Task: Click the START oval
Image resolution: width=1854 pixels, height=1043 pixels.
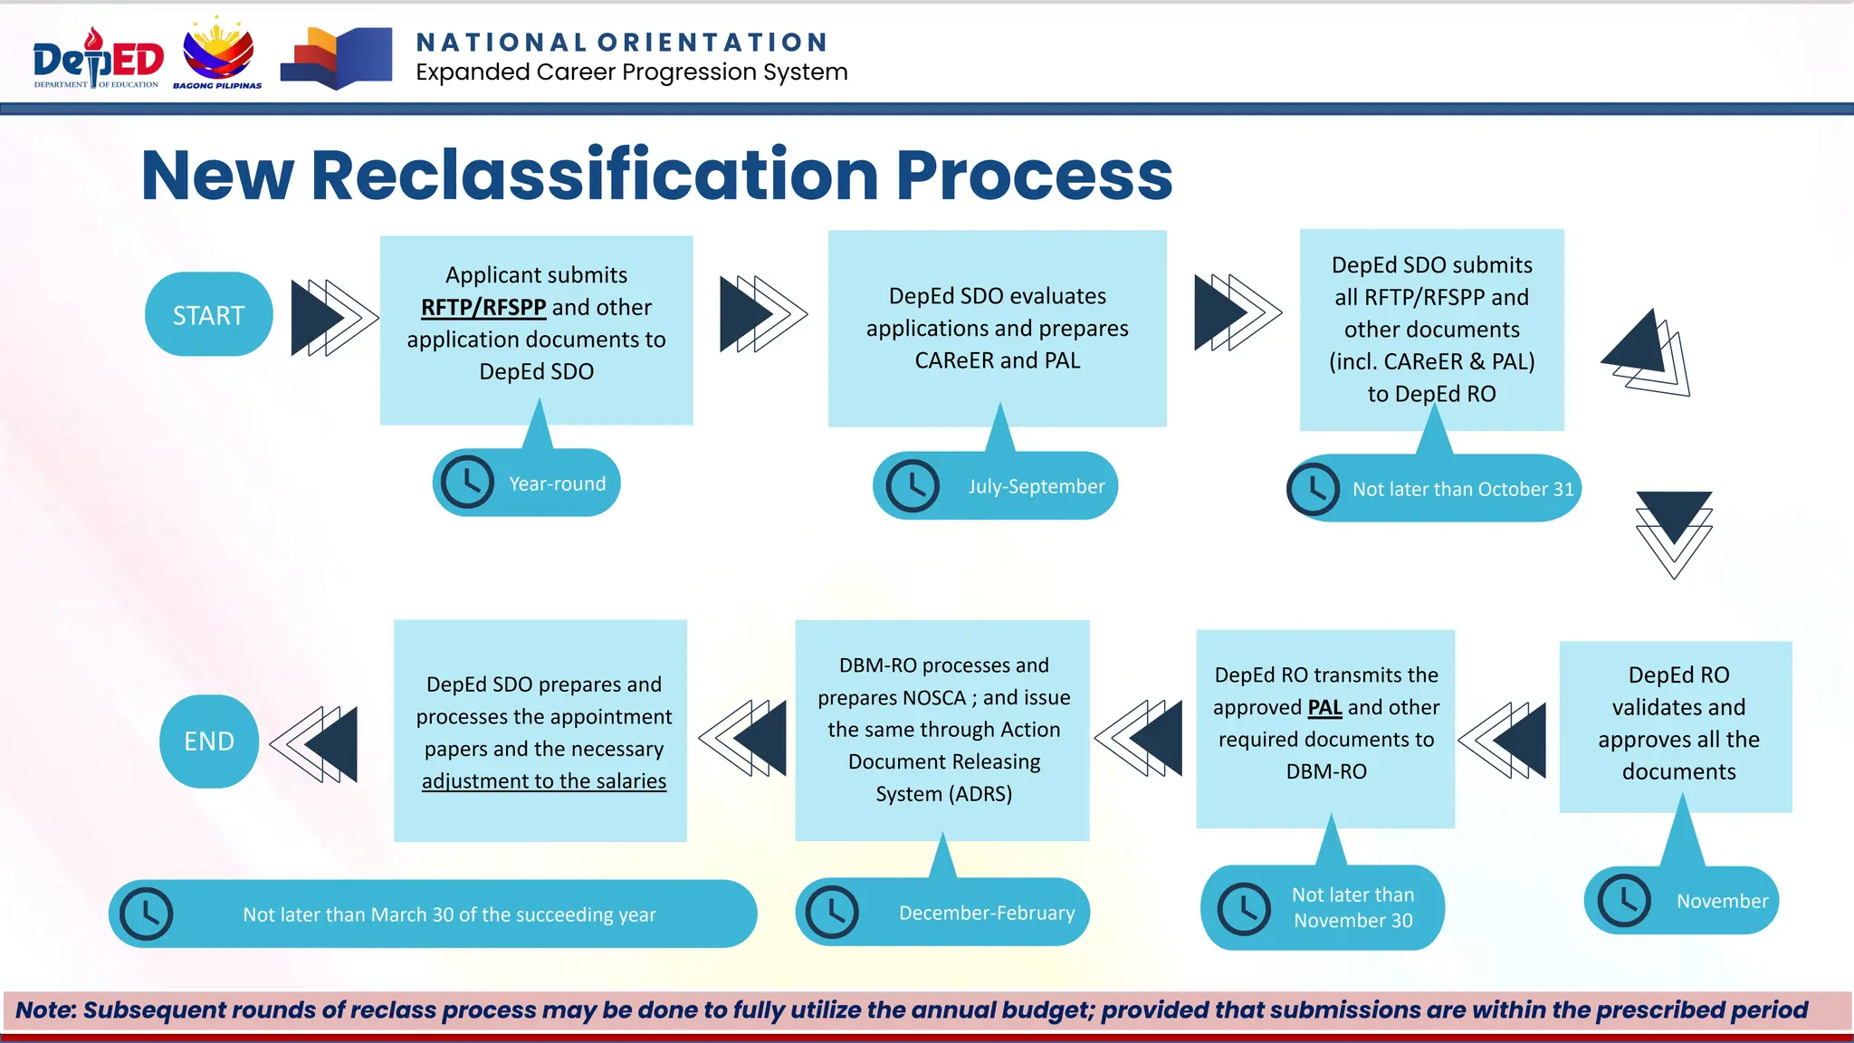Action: (208, 314)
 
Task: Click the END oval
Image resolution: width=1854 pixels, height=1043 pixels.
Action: (209, 741)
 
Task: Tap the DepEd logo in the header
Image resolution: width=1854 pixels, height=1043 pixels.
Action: (98, 59)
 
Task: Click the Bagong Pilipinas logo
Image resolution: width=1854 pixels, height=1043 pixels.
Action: (218, 54)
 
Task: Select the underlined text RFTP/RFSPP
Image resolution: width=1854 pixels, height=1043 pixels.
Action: (483, 308)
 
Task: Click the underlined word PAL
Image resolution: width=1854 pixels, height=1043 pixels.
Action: (1324, 707)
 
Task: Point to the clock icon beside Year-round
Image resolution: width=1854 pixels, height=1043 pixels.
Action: (467, 483)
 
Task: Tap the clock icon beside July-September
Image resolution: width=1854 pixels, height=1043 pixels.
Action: (912, 486)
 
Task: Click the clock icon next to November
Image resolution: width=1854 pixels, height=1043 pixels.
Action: (1624, 901)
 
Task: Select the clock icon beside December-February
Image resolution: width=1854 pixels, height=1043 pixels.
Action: (832, 912)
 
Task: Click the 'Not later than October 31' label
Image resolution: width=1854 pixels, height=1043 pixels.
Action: (1463, 489)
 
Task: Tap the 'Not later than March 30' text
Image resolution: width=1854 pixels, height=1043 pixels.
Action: (449, 914)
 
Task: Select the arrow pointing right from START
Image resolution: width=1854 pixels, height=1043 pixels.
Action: (332, 317)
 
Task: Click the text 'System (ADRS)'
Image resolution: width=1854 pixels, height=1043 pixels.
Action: (943, 794)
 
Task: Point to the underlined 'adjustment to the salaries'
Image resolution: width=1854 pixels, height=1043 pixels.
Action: (544, 781)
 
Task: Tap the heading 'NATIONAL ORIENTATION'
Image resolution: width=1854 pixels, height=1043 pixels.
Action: (622, 43)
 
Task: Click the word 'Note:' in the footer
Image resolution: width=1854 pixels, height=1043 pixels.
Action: (45, 1010)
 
